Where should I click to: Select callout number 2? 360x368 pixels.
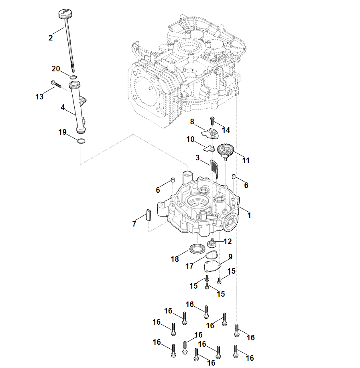(51, 38)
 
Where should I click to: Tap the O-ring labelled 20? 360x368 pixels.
(73, 77)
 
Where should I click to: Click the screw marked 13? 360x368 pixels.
(55, 84)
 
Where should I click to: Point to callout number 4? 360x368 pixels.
(63, 107)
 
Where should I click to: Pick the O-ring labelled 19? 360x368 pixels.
(81, 141)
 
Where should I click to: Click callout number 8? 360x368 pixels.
(192, 121)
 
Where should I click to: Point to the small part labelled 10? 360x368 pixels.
(208, 148)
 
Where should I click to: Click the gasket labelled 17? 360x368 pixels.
(212, 255)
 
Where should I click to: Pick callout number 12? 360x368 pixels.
(228, 241)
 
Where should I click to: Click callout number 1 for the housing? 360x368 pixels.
(249, 215)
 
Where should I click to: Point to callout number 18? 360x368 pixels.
(175, 259)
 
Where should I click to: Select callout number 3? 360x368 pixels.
(197, 158)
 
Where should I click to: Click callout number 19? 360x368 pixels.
(63, 132)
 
